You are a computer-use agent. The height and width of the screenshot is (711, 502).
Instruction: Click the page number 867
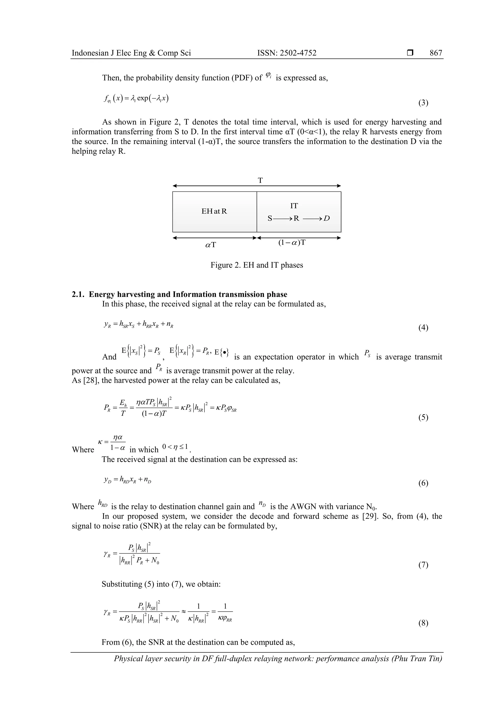[436, 53]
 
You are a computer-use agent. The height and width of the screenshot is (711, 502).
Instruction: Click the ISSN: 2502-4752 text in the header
[287, 53]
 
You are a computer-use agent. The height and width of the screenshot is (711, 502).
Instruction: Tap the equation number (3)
[423, 103]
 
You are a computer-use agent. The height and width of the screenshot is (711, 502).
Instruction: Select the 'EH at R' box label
[214, 211]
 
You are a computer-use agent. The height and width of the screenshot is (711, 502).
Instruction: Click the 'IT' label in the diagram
[294, 206]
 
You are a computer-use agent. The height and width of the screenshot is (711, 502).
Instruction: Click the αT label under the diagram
[211, 245]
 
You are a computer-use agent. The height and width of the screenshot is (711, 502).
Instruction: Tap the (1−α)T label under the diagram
[292, 242]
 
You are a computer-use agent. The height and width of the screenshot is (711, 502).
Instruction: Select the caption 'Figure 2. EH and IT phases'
[257, 265]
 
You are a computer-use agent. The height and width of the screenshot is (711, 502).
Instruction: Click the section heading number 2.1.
[79, 294]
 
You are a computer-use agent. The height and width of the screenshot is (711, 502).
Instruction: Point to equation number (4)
[423, 328]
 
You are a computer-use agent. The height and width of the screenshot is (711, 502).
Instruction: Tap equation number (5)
[423, 417]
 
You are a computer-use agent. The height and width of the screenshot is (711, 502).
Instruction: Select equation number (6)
[423, 483]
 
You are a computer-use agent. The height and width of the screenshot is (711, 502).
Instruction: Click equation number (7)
[423, 565]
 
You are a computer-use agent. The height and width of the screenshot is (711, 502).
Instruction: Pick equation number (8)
[423, 623]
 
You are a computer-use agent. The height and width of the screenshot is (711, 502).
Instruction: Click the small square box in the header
[410, 53]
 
